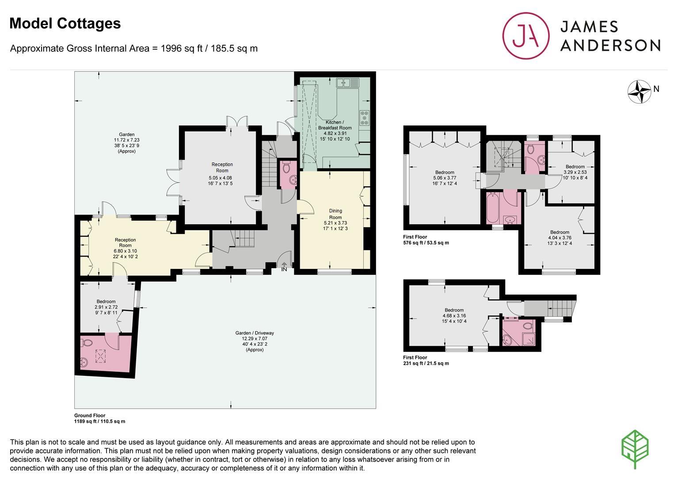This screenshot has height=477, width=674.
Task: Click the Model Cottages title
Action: pyautogui.click(x=65, y=23)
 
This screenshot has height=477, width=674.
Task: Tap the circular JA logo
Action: pyautogui.click(x=525, y=35)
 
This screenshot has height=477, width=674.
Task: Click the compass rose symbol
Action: pyautogui.click(x=640, y=92)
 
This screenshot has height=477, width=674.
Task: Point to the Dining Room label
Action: pyautogui.click(x=335, y=214)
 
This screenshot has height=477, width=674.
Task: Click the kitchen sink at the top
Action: pyautogui.click(x=348, y=83)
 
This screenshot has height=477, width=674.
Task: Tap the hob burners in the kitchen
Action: pyautogui.click(x=364, y=118)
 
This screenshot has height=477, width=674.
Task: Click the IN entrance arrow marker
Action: pyautogui.click(x=284, y=267)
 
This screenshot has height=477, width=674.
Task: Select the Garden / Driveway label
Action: pyautogui.click(x=255, y=333)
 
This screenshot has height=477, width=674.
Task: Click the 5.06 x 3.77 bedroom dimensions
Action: pyautogui.click(x=445, y=178)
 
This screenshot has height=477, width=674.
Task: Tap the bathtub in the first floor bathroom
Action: pyautogui.click(x=493, y=208)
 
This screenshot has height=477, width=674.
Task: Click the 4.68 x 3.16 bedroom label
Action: pyautogui.click(x=454, y=315)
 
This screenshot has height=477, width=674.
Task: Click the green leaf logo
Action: pyautogui.click(x=635, y=449)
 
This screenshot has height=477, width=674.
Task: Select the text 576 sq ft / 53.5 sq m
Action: pyautogui.click(x=426, y=243)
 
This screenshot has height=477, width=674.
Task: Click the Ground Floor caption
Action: pyautogui.click(x=90, y=415)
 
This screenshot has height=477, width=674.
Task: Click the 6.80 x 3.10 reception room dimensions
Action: pyautogui.click(x=125, y=251)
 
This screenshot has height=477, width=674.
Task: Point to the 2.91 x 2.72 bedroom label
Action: pyautogui.click(x=106, y=307)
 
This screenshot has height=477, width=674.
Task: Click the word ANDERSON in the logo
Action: pyautogui.click(x=610, y=46)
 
